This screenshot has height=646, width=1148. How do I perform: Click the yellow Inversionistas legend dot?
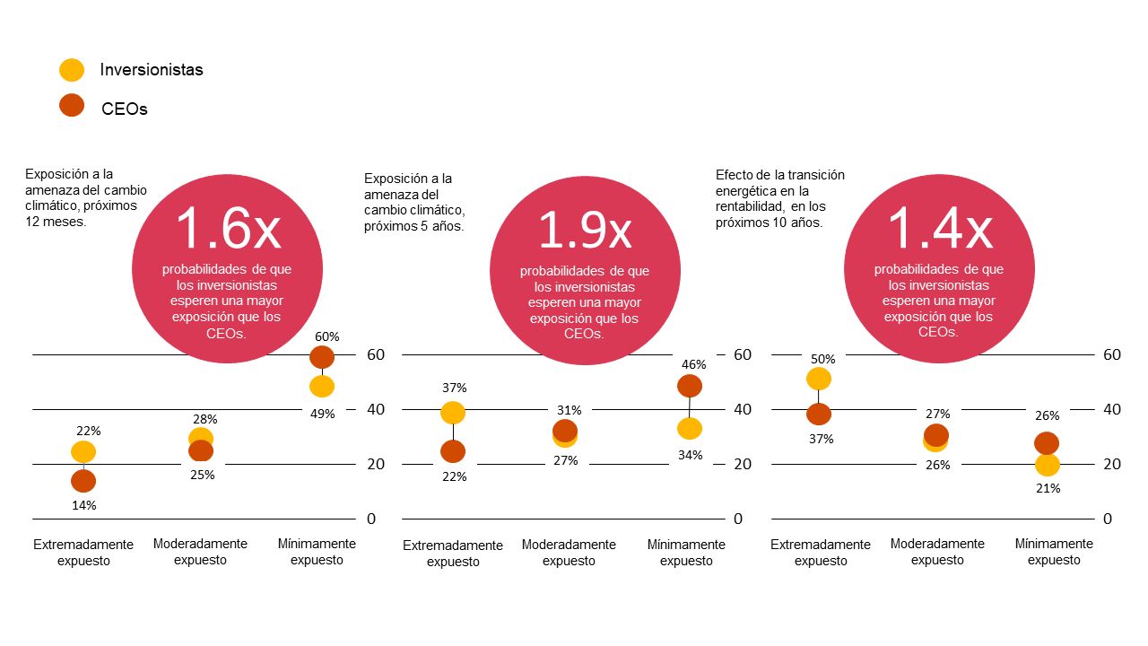coord(72,70)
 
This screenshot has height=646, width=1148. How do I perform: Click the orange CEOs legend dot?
coord(72,106)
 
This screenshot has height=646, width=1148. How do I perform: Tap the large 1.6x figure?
coord(228,229)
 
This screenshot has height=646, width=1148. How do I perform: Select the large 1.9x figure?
coord(584,230)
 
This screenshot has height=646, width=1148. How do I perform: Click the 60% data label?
coord(326,336)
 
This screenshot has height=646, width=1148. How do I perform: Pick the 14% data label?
coord(84,505)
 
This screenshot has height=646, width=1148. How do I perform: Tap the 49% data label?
coord(323,414)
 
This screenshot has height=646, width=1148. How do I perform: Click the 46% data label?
coord(694,365)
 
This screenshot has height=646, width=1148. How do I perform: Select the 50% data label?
coord(822,359)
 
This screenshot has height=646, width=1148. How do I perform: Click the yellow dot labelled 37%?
coord(453,413)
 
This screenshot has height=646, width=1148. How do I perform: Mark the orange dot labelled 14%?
coord(83,481)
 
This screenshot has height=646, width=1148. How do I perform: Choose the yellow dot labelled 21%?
coord(1048,465)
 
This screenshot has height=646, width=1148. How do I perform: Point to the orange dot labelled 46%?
coord(690,386)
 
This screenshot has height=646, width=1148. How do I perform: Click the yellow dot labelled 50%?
coord(819,379)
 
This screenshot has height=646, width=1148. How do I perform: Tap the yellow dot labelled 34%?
coord(690,429)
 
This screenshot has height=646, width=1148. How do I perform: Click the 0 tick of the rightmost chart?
coord(1108,519)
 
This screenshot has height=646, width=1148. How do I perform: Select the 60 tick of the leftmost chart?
coord(376,354)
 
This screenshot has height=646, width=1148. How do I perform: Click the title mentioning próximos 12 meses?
coord(86,197)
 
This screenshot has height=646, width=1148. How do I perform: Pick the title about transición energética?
coord(780,198)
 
